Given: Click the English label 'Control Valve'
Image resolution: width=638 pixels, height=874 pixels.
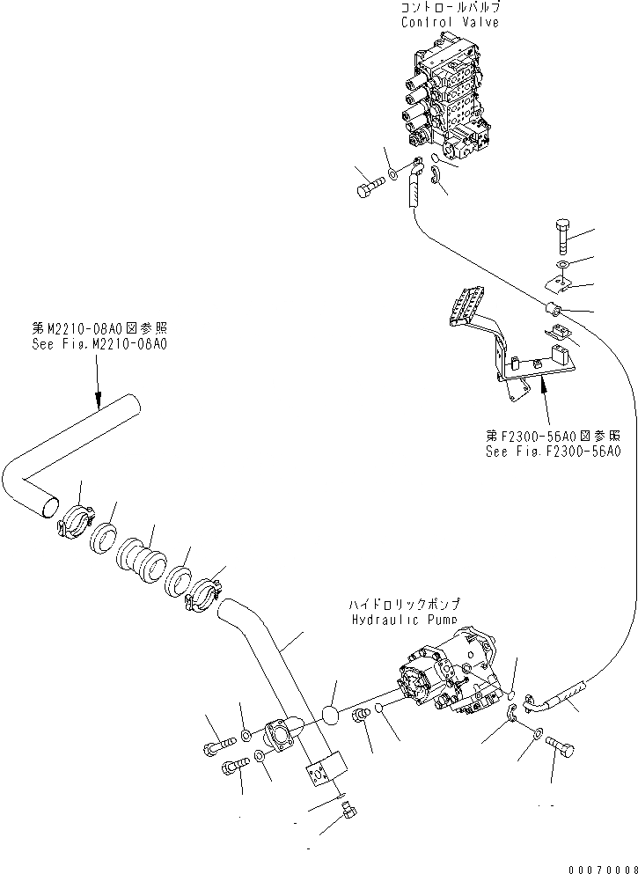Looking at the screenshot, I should pyautogui.click(x=450, y=22).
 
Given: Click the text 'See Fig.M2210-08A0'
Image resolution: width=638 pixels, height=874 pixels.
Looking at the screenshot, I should pyautogui.click(x=98, y=344).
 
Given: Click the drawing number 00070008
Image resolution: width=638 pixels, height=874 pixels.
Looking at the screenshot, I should pyautogui.click(x=602, y=865).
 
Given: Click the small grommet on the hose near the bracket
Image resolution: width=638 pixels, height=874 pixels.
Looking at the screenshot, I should pyautogui.click(x=554, y=308).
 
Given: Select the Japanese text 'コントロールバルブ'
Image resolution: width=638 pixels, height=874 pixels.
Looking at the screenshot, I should pyautogui.click(x=450, y=8).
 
